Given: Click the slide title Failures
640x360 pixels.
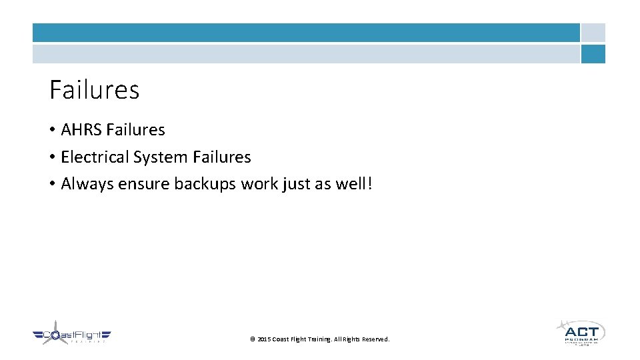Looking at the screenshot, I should click(x=94, y=90).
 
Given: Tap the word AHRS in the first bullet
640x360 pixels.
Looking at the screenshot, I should click(x=81, y=130).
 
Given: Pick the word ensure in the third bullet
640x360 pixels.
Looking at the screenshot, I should click(x=143, y=184).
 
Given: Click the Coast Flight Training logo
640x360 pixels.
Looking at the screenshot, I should click(x=71, y=335).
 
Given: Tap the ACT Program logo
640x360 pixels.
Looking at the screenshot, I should click(x=581, y=332).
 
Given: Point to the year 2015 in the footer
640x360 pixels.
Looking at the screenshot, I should click(x=264, y=339).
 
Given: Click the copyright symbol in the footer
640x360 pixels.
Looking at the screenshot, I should click(x=252, y=339).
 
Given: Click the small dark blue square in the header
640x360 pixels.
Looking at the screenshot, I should click(x=593, y=54).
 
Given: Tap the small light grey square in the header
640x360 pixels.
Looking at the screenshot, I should click(x=593, y=33).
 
